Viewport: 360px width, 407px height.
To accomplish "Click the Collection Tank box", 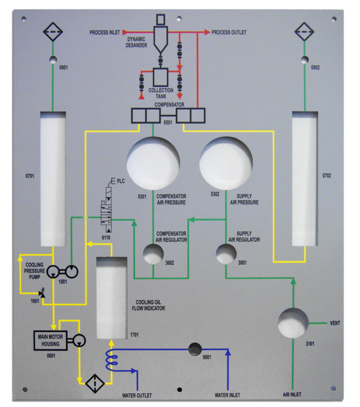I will point(161,77).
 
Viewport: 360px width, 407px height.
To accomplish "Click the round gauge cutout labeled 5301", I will point(154,162).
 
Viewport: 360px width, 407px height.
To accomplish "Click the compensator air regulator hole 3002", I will point(153,254).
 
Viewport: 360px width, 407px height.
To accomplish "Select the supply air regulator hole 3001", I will point(226,254).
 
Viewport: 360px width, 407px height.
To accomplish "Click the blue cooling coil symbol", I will point(111,360).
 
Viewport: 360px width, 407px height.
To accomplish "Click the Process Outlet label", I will point(229,32).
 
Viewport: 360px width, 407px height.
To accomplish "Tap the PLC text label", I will point(121,180).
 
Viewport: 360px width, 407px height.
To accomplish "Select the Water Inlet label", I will point(227,395).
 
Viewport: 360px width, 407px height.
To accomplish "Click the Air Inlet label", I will point(295,395).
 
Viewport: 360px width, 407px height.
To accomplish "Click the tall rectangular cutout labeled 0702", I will point(304,178).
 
